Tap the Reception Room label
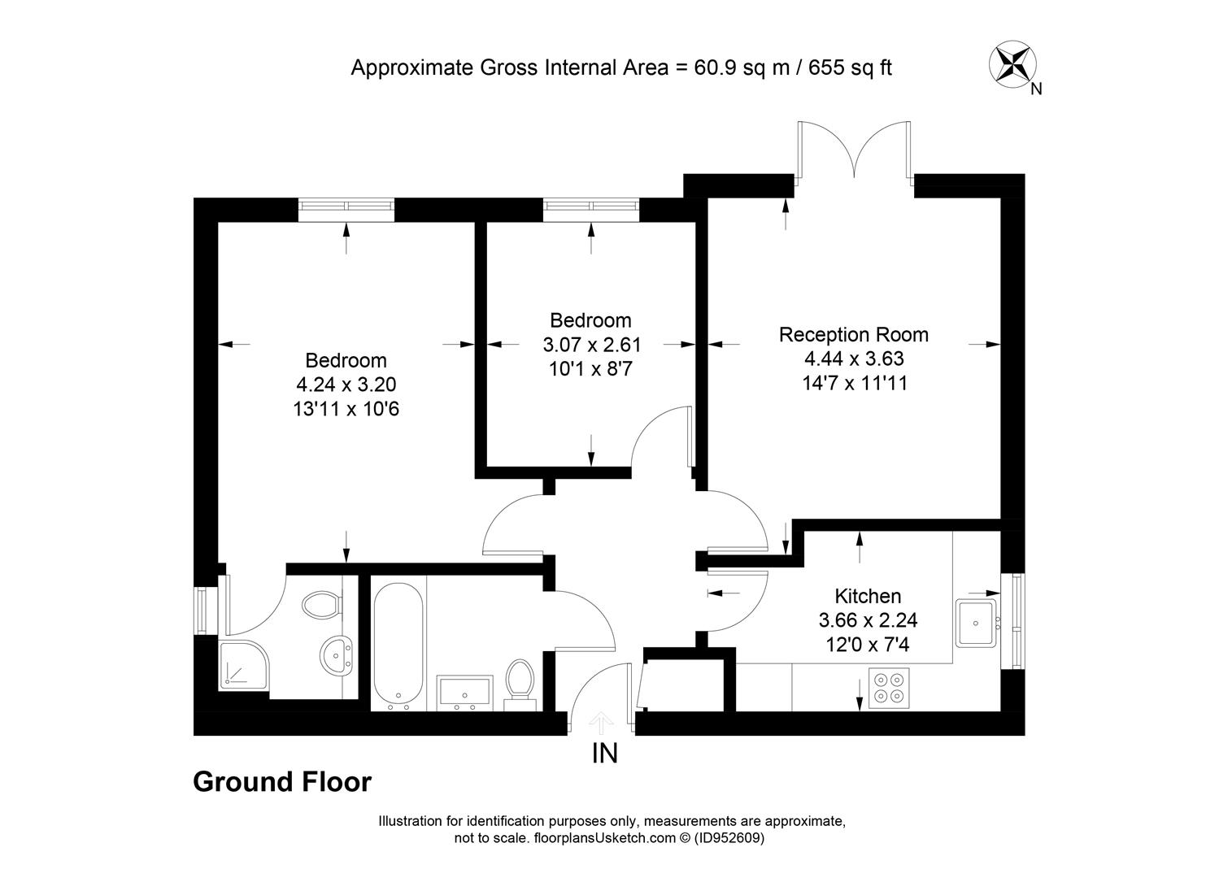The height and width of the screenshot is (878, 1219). [854, 335]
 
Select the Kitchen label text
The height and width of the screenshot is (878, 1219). [868, 596]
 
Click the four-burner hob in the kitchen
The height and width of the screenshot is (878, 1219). [889, 688]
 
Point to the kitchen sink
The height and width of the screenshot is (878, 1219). [977, 624]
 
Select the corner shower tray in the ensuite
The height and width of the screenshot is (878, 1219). [243, 666]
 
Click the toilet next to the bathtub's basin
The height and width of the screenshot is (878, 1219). [520, 685]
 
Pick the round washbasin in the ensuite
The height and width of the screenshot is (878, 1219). [337, 655]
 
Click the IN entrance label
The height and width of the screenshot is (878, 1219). [604, 754]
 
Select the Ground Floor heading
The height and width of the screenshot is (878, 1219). [282, 782]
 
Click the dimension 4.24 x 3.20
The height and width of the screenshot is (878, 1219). [346, 385]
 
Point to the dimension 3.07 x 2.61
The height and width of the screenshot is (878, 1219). [591, 345]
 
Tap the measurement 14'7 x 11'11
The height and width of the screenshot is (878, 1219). [855, 383]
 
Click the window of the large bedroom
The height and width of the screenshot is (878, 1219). [346, 206]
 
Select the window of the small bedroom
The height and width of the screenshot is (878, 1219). [591, 206]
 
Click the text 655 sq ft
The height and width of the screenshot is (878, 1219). [850, 67]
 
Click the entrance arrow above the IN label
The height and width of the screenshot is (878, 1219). [601, 723]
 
